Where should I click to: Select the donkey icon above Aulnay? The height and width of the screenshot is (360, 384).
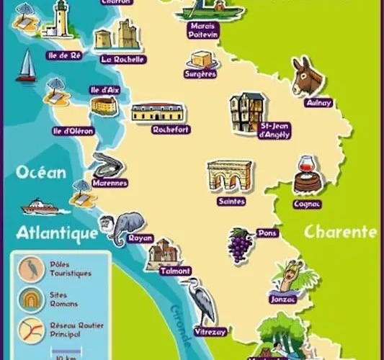(308, 76)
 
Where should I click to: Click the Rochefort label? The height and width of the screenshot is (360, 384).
(171, 130)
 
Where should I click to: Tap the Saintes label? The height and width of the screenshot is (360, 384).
(231, 202)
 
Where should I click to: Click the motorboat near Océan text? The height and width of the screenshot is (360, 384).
(40, 207)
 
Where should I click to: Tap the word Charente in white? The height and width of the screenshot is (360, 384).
(340, 232)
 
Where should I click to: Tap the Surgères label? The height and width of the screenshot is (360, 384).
(200, 73)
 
